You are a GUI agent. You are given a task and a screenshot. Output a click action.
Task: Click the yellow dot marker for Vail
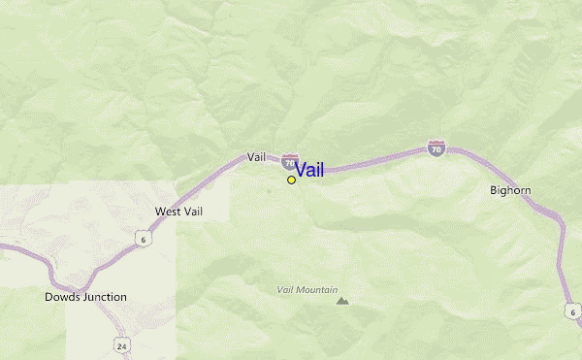coord(291,180)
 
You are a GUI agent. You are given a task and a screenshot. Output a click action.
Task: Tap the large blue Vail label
coord(309,170)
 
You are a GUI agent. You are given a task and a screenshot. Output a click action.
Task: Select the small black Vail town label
coord(256,156)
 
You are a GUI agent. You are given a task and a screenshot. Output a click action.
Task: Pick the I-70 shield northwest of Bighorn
coord(436,148)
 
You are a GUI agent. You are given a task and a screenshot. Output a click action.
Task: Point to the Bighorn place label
coord(510,190)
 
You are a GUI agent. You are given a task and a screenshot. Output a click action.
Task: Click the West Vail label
coord(179,211)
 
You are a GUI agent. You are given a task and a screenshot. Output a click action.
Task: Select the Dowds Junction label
coord(85,297)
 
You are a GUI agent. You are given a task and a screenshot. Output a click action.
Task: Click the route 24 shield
coord(121,344)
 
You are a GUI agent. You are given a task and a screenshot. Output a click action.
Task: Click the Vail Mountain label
coord(307,289)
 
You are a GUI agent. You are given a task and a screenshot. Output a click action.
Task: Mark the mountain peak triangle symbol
coord(341,301)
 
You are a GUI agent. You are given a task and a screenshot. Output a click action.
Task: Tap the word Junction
coord(105,297)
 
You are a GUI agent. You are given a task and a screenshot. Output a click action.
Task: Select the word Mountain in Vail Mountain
coord(317,289)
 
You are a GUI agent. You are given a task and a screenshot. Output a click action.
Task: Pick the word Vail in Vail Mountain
coord(285,289)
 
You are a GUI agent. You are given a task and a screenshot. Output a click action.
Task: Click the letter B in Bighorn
coord(494,190)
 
